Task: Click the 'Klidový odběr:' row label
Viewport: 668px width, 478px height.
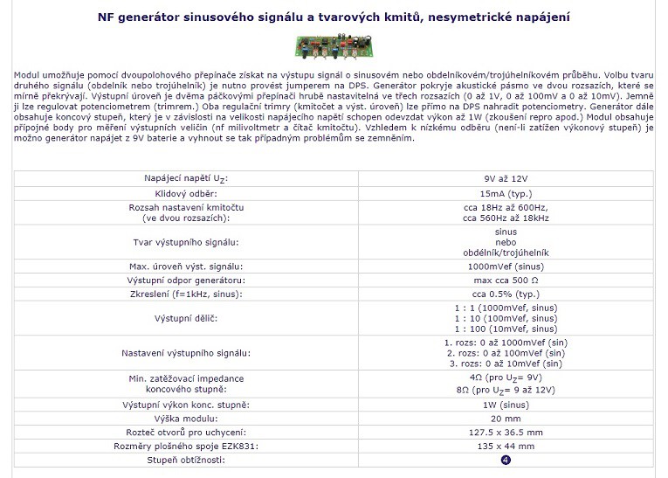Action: (x=185, y=192)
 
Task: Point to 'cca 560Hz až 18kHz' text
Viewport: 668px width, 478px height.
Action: (x=506, y=218)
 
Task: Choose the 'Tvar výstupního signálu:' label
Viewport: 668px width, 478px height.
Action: (x=185, y=242)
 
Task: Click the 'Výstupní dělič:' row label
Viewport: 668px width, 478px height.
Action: (x=185, y=318)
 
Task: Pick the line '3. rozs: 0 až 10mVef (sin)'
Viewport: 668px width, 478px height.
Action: (x=506, y=363)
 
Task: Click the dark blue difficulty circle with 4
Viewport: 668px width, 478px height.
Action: (x=506, y=461)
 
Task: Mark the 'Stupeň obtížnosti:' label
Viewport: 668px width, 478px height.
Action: (x=185, y=461)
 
